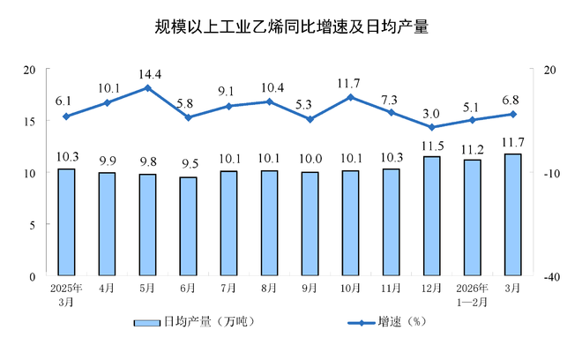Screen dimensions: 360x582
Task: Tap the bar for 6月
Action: (188, 227)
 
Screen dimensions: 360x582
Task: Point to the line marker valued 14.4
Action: (147, 87)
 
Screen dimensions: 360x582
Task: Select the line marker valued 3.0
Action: (432, 127)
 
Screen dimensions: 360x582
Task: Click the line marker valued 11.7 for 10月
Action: (351, 97)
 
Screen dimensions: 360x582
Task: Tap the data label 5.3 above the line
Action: (310, 104)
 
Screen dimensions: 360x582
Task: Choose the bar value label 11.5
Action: (432, 145)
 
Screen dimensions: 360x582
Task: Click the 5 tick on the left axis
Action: (32, 225)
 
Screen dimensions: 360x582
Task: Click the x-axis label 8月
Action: (270, 288)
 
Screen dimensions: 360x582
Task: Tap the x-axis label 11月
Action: (392, 288)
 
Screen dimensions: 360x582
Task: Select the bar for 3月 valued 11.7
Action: (513, 215)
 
